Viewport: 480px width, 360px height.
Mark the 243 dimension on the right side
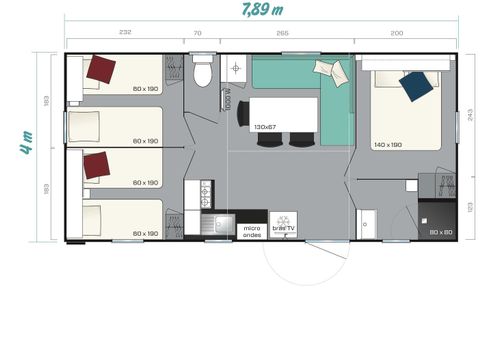(x=470, y=114)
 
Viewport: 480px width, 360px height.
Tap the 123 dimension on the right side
(x=470, y=206)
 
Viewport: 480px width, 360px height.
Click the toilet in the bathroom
(x=204, y=73)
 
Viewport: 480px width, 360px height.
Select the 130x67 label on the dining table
(x=265, y=127)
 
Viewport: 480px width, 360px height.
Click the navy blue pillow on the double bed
(x=416, y=86)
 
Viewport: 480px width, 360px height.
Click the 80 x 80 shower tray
(x=437, y=220)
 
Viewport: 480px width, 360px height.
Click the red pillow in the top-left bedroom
(x=100, y=69)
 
